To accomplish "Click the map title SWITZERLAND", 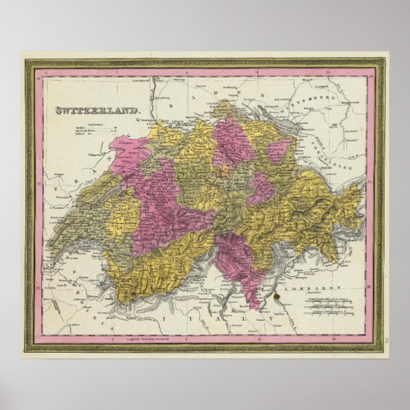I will (x=97, y=110).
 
